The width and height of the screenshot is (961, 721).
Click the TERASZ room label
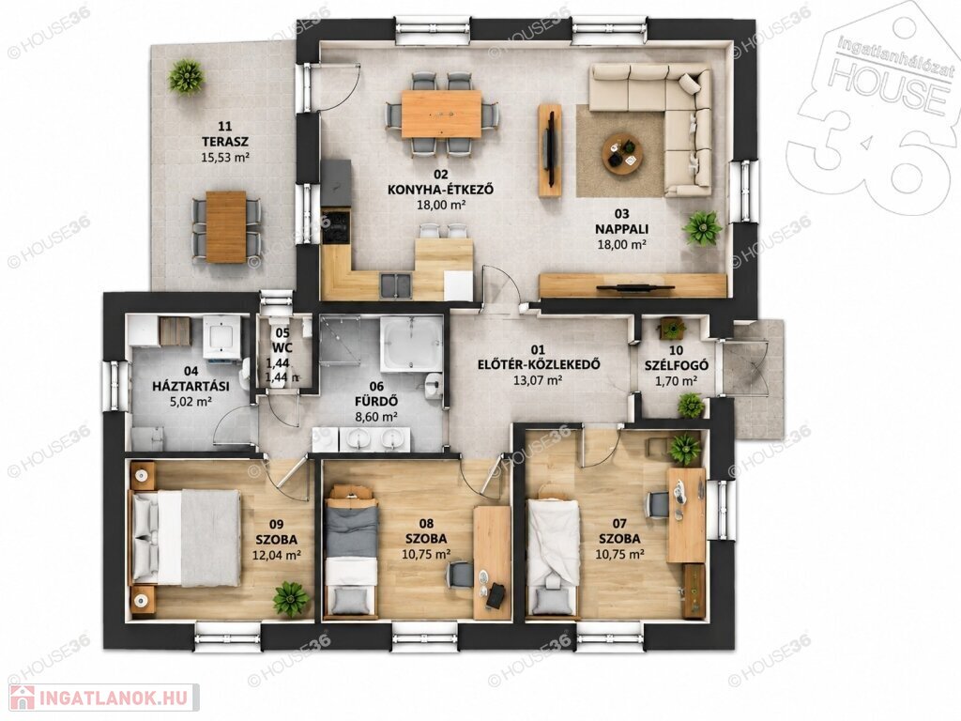pos(225,142)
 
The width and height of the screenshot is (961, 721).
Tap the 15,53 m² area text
pos(225,157)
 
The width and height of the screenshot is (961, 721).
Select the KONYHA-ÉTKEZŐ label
pos(441,190)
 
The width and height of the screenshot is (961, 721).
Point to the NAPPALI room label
pos(622,229)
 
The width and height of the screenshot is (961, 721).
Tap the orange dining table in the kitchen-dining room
pos(441,114)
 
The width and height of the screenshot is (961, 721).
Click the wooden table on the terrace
pos(226,227)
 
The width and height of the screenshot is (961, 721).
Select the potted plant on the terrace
pos(186,77)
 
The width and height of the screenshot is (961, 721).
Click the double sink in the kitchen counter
pos(397,285)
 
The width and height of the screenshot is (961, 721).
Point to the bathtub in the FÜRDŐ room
pos(411,344)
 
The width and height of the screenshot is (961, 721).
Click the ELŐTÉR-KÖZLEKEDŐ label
pos(538,365)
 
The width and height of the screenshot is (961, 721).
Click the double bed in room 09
pos(184,538)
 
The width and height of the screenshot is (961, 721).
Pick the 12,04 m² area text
pos(276,556)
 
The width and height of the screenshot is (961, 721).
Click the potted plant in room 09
pos(291,599)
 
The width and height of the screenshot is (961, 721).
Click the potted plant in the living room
pos(701,229)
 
